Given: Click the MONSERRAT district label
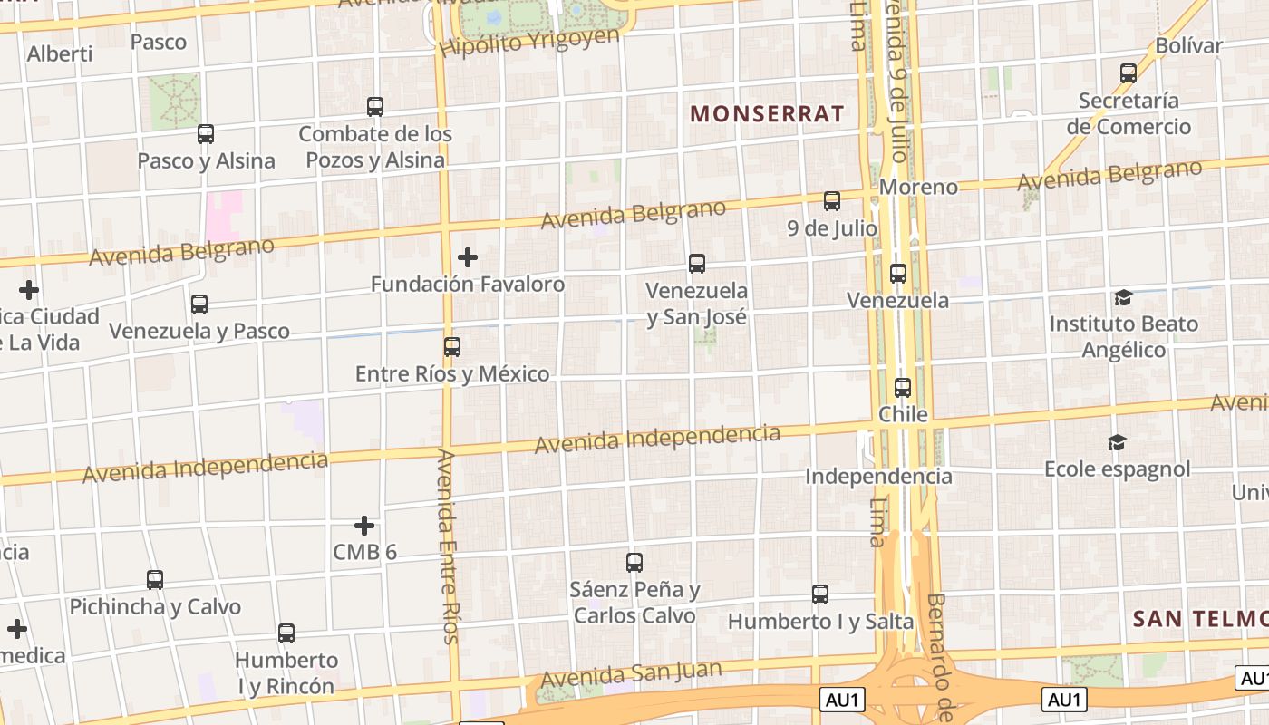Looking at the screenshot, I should click(767, 114).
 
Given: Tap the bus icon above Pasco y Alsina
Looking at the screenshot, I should click(206, 134).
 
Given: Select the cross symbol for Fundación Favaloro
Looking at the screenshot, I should click(468, 257).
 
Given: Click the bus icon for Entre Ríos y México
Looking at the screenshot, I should click(451, 346).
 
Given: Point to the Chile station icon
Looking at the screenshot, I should click(903, 388).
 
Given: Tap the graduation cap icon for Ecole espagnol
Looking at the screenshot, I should click(1117, 442).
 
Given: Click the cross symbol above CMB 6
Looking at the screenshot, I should click(364, 526).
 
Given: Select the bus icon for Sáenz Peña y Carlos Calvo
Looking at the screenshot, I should click(634, 562).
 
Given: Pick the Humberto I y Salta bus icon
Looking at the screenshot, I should click(820, 594).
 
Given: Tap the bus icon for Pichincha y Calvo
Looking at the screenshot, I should click(155, 579).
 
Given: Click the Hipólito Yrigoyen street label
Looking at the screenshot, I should click(530, 42).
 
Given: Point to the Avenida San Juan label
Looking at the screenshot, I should click(631, 675).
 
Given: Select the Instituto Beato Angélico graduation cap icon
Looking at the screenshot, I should click(1123, 297).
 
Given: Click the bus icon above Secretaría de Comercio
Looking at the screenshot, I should click(1129, 73).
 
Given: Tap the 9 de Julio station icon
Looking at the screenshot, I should click(832, 201).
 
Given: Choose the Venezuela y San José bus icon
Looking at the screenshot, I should click(697, 264).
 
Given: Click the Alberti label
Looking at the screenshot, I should click(60, 53).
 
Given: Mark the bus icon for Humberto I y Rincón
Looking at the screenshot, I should click(286, 633).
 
